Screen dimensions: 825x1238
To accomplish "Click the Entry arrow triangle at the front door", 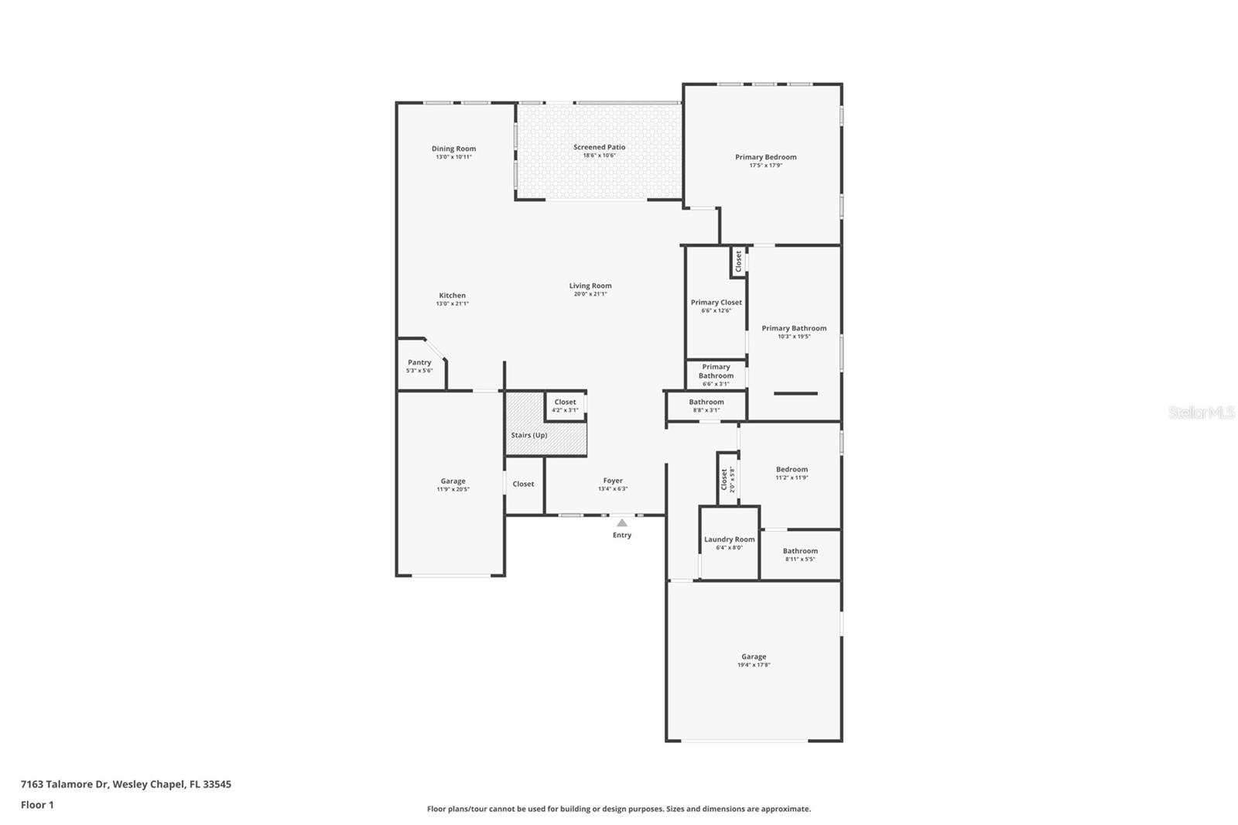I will click(x=622, y=523).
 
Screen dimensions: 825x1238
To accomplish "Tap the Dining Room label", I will click(x=453, y=149).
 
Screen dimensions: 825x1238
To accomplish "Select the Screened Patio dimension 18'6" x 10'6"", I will click(x=599, y=156).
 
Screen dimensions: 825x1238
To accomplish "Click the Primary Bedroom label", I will click(x=765, y=157).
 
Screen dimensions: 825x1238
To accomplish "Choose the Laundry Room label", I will click(x=729, y=539).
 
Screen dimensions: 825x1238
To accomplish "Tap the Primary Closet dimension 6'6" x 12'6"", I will click(x=716, y=311).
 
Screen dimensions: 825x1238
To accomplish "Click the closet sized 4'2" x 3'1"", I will click(x=565, y=406).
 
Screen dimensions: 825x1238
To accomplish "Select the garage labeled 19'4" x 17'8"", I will click(x=754, y=660).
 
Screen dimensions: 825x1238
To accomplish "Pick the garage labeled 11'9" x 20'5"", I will click(x=453, y=484).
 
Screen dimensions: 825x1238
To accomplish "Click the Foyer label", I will click(x=613, y=481).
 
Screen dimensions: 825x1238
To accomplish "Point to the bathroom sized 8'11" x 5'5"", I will click(x=800, y=554).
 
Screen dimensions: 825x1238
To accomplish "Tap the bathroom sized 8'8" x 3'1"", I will click(x=706, y=406).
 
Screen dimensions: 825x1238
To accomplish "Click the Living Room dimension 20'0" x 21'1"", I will click(x=590, y=294).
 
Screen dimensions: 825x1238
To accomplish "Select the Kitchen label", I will click(x=453, y=295).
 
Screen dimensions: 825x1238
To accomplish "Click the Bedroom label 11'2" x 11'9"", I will click(x=792, y=469).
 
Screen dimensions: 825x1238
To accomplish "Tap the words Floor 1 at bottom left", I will click(x=37, y=805).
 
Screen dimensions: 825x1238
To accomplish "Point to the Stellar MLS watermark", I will click(x=1201, y=413).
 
